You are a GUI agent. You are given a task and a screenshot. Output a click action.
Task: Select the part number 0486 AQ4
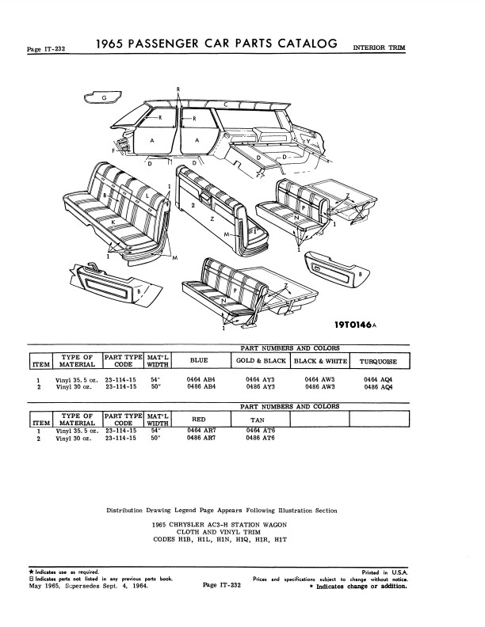pos(379,387)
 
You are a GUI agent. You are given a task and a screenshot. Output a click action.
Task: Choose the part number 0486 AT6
pos(262,438)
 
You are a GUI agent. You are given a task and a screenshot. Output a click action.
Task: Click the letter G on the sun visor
pos(105,97)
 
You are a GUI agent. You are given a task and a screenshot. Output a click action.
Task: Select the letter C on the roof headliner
pos(226,104)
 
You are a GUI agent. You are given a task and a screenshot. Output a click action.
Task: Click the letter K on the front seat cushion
pos(113,221)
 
